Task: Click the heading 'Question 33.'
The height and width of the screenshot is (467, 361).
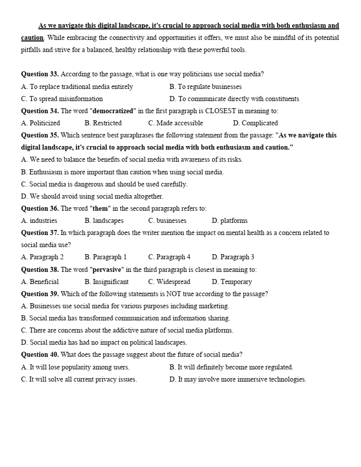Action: [x=40, y=74]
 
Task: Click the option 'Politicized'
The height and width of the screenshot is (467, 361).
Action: [x=44, y=123]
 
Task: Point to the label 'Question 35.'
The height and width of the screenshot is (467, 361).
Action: [x=40, y=135]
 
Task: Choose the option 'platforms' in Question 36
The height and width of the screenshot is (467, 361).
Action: [x=234, y=220]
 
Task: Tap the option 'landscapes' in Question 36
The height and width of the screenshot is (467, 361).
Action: [x=108, y=220]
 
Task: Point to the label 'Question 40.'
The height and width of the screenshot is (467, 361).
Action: [x=40, y=355]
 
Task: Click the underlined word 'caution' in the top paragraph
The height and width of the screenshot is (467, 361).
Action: [x=32, y=38]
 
